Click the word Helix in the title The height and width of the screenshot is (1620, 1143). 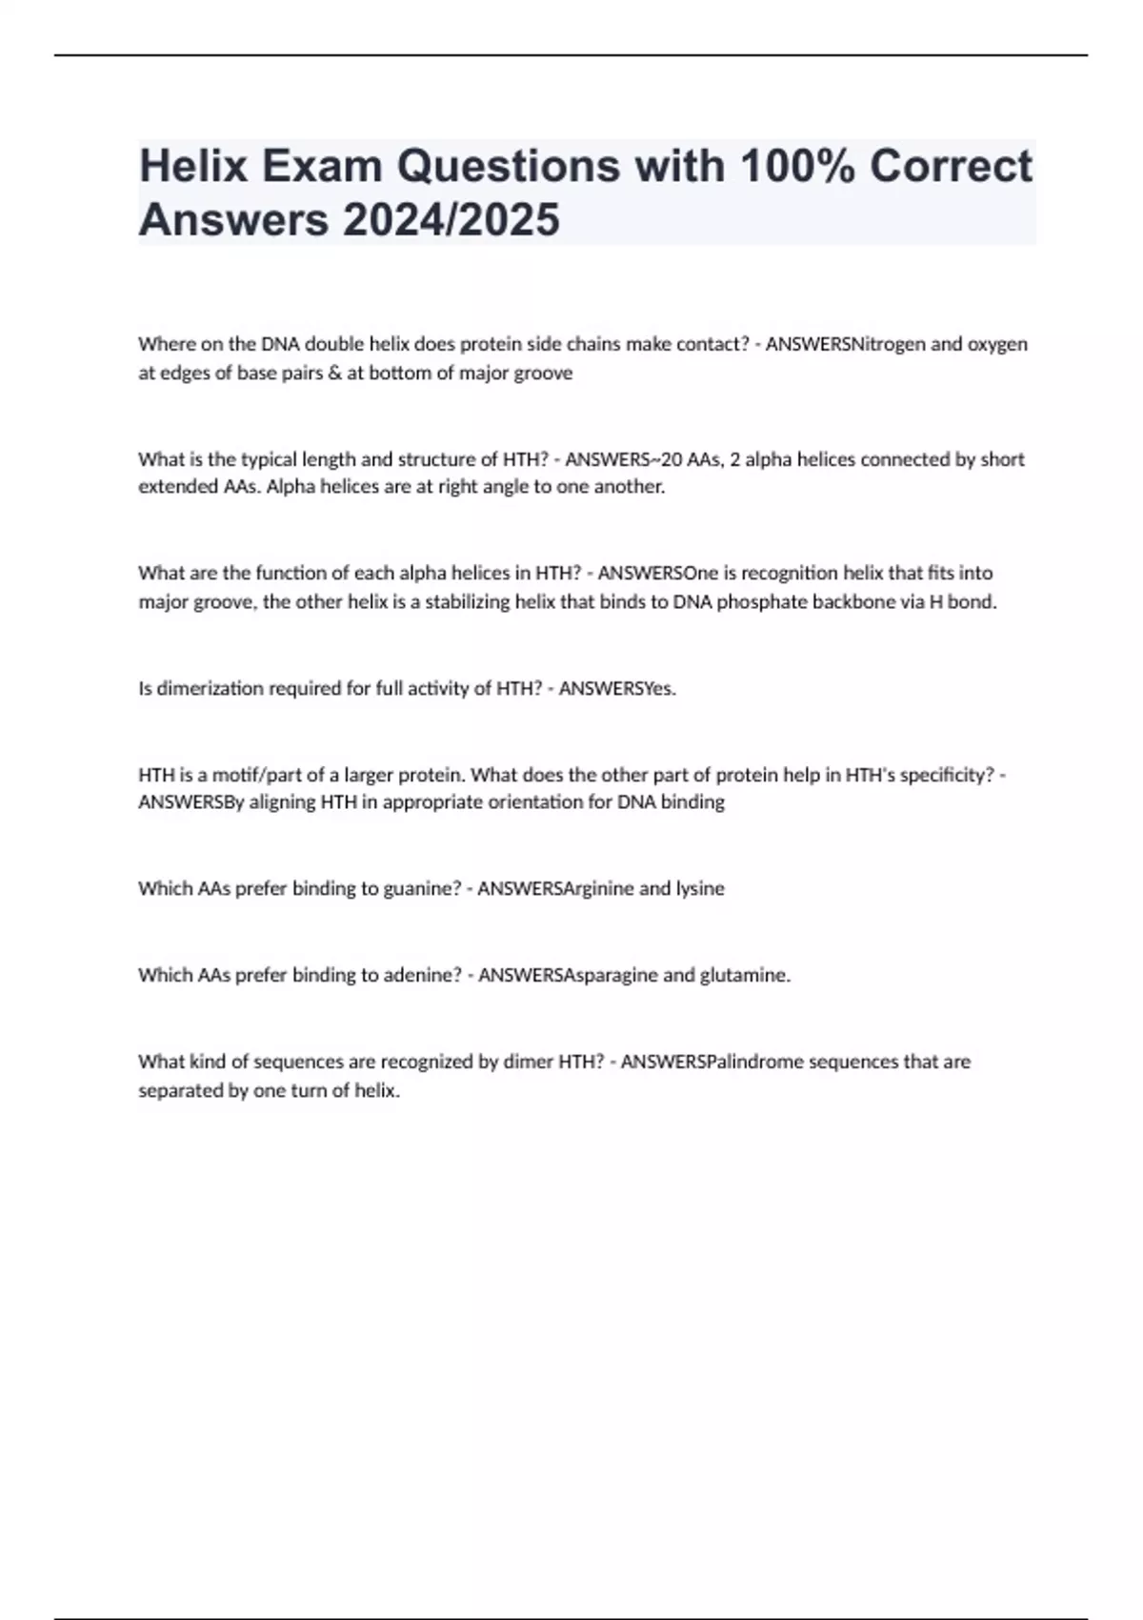coord(193,166)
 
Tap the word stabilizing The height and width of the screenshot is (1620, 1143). coord(467,601)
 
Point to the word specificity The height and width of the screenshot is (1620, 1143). coord(944,775)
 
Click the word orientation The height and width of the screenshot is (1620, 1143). coord(534,802)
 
